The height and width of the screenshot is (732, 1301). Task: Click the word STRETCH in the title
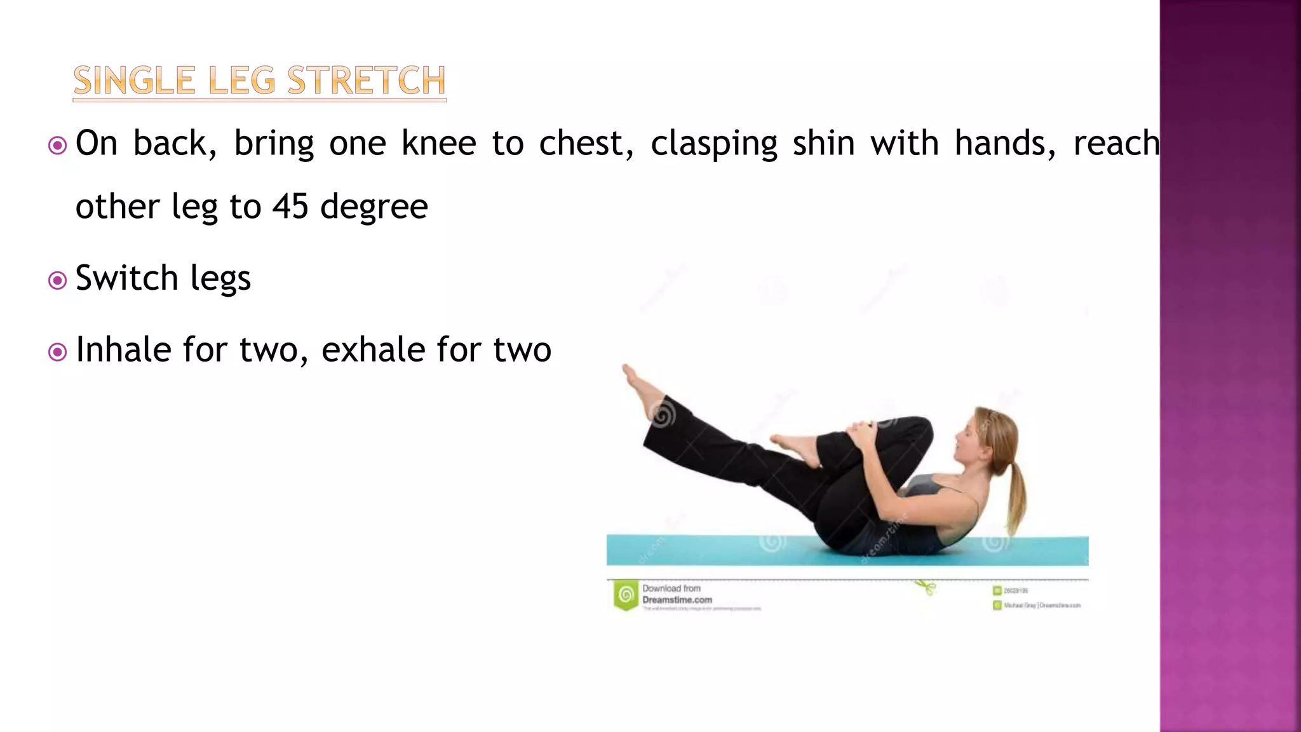pos(367,81)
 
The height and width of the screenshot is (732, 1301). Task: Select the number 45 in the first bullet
pos(290,207)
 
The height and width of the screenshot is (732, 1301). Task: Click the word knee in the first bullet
pos(438,143)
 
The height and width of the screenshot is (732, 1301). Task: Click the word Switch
pos(126,278)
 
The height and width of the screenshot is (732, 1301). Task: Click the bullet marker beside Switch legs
pos(57,280)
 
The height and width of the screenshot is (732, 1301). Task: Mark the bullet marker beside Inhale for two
pos(57,352)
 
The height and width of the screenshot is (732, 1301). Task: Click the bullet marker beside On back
pos(57,146)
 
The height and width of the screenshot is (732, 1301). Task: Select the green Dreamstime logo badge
pos(626,595)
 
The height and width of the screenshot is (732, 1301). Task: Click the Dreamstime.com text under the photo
pos(677,600)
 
